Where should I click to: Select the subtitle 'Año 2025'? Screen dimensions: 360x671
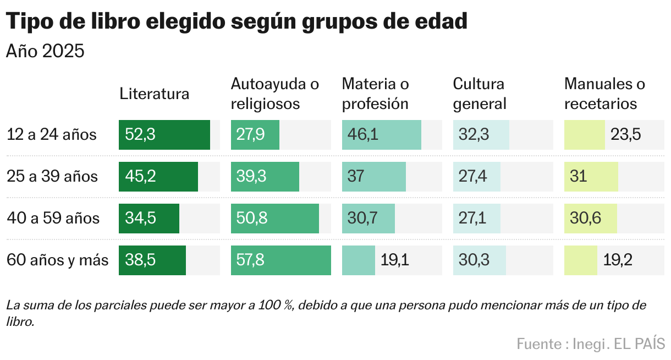[x=45, y=51]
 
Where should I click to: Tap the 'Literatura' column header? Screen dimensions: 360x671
[x=154, y=94]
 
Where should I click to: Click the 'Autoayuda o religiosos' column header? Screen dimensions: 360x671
[x=274, y=94]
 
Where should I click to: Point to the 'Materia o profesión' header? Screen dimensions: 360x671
[x=376, y=94]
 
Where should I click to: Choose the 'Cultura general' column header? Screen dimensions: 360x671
[x=479, y=94]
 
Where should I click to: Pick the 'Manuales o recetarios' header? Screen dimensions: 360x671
[x=604, y=94]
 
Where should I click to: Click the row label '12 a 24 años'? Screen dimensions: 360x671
[x=52, y=135]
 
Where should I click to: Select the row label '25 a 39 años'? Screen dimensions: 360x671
[x=52, y=177]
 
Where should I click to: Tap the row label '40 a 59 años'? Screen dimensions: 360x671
[x=53, y=219]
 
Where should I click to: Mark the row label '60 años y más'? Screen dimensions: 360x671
[x=58, y=260]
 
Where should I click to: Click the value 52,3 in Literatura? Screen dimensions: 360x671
[x=140, y=135]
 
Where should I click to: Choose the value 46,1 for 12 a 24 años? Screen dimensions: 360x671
[x=363, y=135]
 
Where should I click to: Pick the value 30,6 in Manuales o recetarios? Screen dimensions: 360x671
[x=586, y=219]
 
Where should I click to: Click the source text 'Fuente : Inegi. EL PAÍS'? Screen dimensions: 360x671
[x=591, y=344]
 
